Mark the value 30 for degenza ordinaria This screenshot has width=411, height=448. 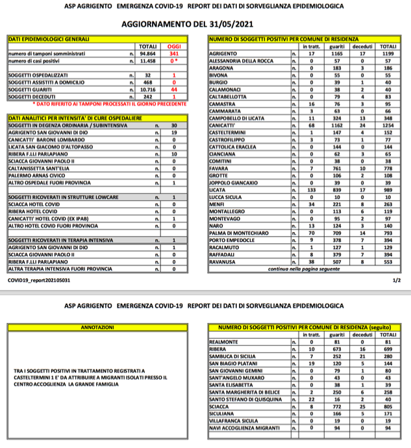coord(155,125)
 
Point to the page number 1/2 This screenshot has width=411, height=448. coord(397,281)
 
